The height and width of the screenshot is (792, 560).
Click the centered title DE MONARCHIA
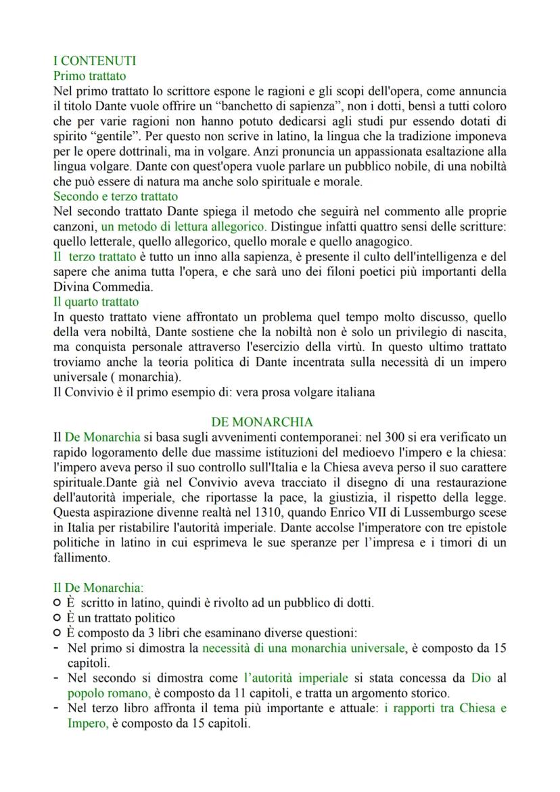(262, 422)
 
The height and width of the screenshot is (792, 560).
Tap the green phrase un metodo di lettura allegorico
(183, 227)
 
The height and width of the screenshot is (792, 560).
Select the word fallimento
(82, 559)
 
